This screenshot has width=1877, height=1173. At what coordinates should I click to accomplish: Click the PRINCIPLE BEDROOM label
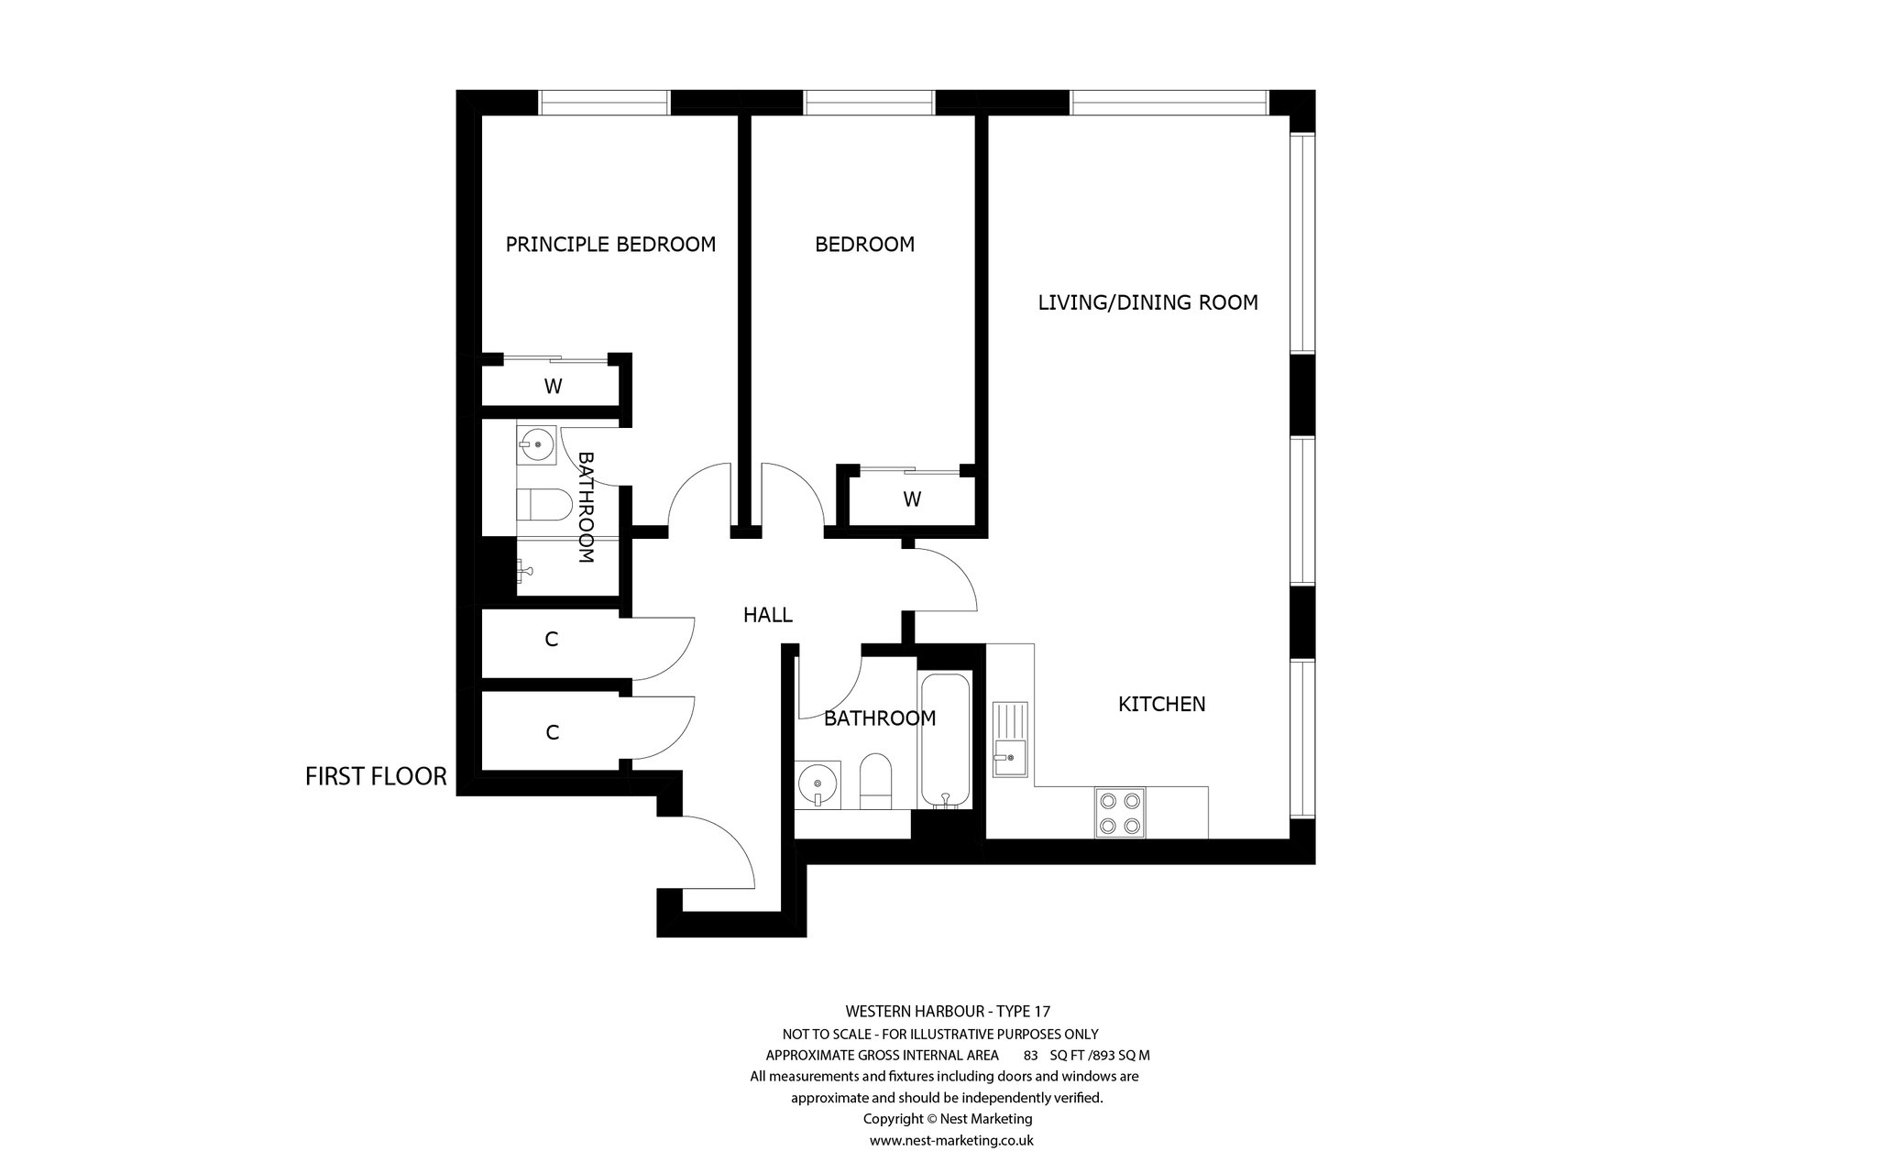tap(610, 245)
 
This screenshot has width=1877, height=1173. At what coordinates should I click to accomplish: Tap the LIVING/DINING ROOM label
tap(1147, 302)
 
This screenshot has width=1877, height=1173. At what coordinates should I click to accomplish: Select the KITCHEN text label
tap(1161, 704)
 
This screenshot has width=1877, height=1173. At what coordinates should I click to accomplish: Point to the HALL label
tap(767, 615)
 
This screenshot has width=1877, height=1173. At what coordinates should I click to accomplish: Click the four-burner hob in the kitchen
tap(1120, 813)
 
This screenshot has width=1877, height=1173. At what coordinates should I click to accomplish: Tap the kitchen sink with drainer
tap(1010, 739)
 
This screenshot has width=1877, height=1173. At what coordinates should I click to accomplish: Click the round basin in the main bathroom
tap(818, 784)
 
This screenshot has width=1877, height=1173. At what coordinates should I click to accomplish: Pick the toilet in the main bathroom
tap(876, 782)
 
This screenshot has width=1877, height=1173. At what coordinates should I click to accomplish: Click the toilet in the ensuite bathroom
tap(544, 504)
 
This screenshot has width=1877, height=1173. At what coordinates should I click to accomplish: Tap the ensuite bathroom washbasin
tap(538, 447)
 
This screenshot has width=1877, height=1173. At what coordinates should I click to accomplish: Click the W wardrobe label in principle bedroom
tap(553, 387)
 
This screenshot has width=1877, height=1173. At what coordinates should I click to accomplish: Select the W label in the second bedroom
tap(912, 499)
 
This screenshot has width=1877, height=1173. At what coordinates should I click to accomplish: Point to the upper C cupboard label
tap(552, 640)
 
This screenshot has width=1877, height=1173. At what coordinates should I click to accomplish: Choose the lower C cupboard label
tap(553, 732)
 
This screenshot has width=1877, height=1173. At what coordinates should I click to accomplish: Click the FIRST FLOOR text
tap(376, 777)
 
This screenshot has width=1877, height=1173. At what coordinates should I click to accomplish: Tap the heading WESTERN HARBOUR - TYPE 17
tap(948, 1012)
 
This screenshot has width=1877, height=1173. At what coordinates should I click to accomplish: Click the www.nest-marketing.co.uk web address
tap(951, 1141)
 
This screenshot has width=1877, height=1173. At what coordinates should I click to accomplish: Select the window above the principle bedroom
tap(604, 103)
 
